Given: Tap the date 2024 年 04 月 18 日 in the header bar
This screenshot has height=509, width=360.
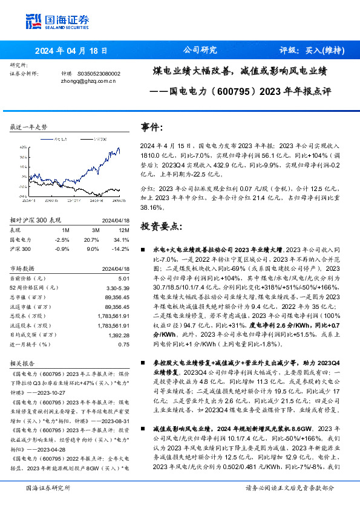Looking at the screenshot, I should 71,51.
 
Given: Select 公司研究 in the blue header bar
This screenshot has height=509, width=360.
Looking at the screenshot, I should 200,50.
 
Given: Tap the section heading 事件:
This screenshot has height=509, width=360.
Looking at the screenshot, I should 152,127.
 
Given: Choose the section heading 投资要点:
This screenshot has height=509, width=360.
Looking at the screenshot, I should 161,225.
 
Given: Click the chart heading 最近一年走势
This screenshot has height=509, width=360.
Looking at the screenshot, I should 28,127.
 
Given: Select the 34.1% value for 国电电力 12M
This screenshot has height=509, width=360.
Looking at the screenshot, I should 122,239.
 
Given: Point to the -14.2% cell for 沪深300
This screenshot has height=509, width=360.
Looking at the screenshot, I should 120,248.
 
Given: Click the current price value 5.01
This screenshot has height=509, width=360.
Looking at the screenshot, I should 124,277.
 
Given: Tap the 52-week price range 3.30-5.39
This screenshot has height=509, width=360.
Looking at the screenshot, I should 118,288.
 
